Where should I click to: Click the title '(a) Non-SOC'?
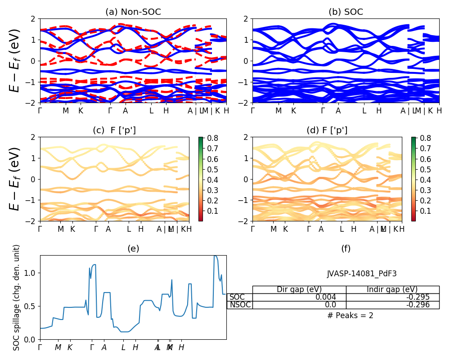[133, 12]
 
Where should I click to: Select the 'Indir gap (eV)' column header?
[392, 289]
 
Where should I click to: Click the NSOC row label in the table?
[240, 305]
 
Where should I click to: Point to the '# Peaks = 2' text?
[350, 315]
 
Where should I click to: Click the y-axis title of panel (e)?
[17, 297]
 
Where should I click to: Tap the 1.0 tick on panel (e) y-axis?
[31, 273]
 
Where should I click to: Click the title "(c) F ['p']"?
[114, 130]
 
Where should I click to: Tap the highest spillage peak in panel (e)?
[215, 256]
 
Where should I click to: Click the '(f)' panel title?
[346, 248]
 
